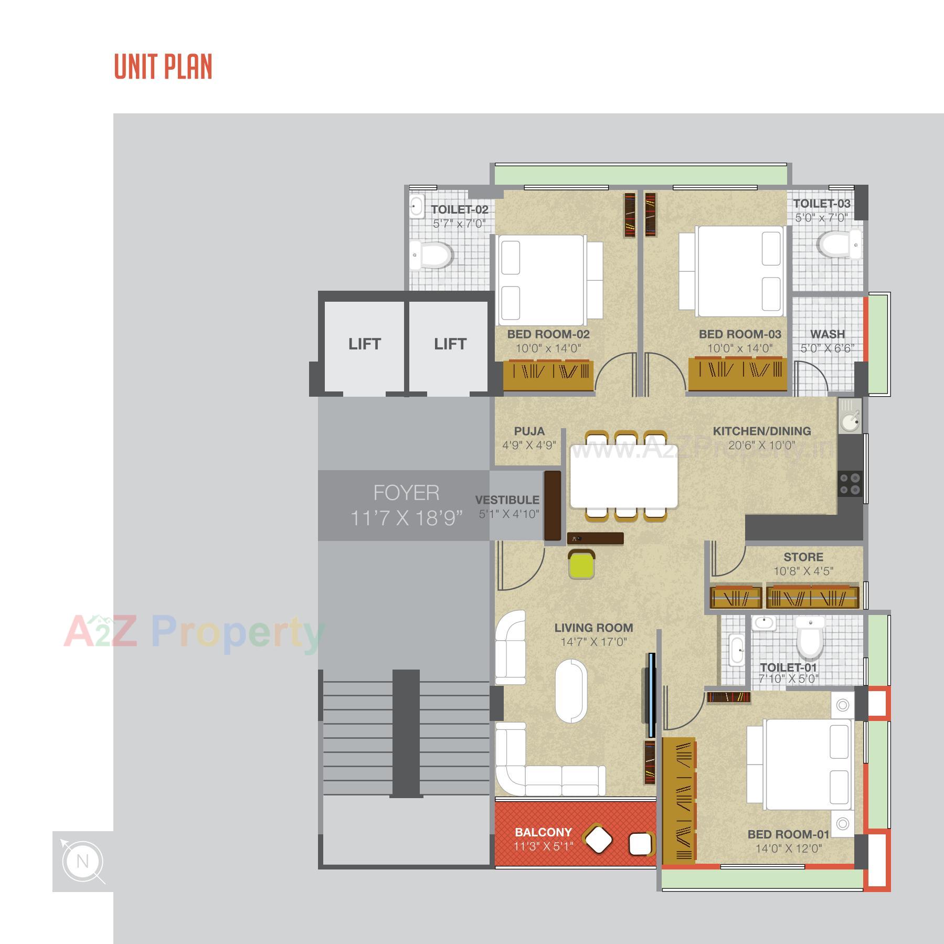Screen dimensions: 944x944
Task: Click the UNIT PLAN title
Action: pos(163,67)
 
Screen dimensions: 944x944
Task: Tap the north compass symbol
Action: pos(82,862)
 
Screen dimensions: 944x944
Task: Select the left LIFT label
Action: pos(364,344)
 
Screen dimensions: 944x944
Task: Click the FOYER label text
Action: pos(406,493)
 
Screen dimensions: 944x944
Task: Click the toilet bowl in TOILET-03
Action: pos(839,245)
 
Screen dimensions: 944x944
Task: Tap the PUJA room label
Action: pos(529,431)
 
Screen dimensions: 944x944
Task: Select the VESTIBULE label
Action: pos(507,500)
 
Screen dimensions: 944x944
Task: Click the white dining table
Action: pos(623,476)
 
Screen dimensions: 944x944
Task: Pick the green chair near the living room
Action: pos(581,565)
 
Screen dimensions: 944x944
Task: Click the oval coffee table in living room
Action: pos(571,691)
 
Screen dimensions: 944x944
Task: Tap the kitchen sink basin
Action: pos(848,422)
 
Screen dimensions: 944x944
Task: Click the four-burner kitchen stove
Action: pos(850,484)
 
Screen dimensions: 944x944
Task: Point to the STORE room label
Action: pos(803,557)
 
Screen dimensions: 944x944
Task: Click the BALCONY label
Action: pos(543,832)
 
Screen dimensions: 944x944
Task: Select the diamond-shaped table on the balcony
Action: pos(598,840)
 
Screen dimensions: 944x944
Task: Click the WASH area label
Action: pos(827,334)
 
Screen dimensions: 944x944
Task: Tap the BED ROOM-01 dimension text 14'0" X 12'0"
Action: pos(788,848)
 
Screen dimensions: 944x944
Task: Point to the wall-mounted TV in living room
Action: pos(651,695)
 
